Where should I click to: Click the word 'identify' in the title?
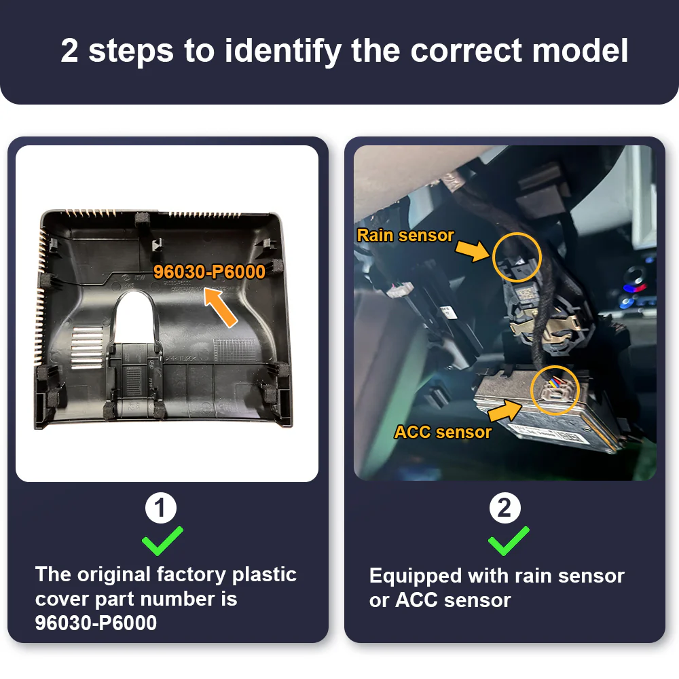(282, 52)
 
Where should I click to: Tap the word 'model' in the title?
(580, 51)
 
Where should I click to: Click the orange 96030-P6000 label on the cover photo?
(210, 272)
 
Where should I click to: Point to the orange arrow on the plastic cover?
(221, 308)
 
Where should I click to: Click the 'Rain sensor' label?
(405, 235)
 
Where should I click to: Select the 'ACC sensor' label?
(443, 432)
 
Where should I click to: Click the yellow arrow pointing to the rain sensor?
(473, 251)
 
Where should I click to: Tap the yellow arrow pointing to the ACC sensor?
(505, 411)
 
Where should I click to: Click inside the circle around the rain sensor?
(517, 257)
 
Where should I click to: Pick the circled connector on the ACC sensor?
(555, 390)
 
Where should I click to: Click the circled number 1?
(161, 507)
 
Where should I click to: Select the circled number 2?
(505, 507)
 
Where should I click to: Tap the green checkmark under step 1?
(162, 541)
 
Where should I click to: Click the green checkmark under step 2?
(509, 541)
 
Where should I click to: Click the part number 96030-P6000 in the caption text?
(96, 623)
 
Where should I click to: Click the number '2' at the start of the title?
(70, 50)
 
